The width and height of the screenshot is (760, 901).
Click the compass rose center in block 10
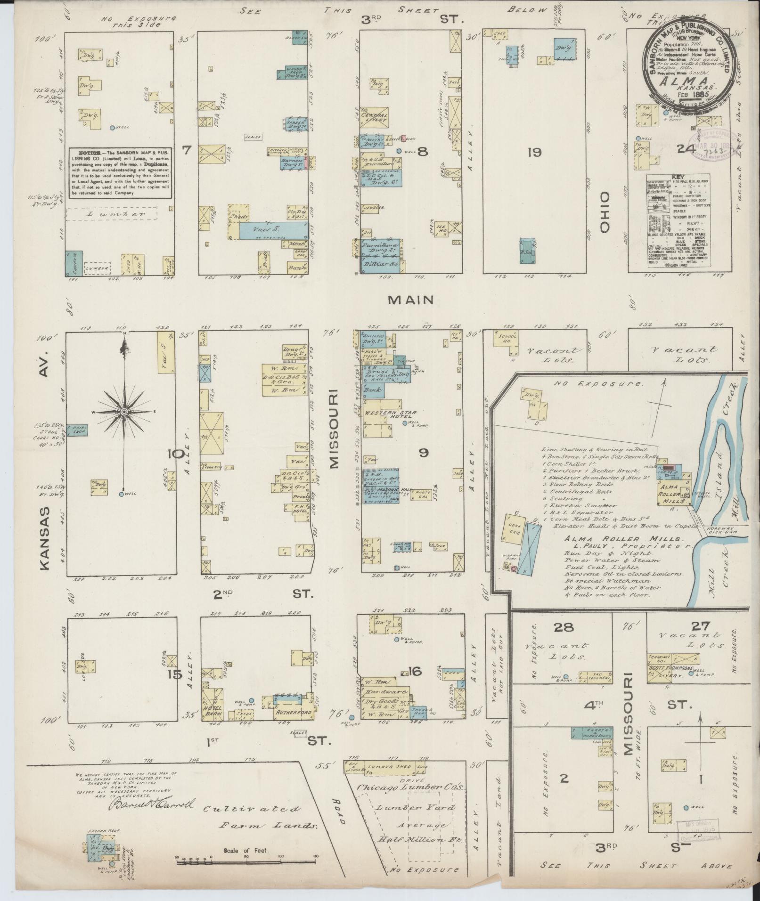pyautogui.click(x=124, y=412)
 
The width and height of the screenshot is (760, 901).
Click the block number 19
pyautogui.click(x=535, y=152)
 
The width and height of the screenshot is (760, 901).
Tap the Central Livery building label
pyautogui.click(x=374, y=117)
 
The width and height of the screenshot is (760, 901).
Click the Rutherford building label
pyautogui.click(x=293, y=726)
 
